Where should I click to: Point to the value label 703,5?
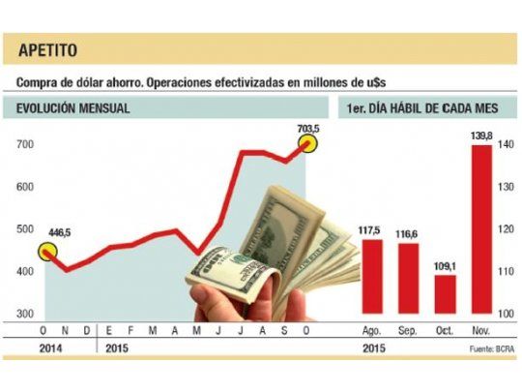(309, 126)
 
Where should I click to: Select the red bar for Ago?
(370, 276)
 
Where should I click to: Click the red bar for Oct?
(445, 294)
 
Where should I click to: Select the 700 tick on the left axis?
(26, 145)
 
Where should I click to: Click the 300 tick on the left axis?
(26, 315)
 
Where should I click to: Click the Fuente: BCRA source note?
(488, 347)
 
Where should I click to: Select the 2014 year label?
(28, 347)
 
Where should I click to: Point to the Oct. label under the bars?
(445, 331)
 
